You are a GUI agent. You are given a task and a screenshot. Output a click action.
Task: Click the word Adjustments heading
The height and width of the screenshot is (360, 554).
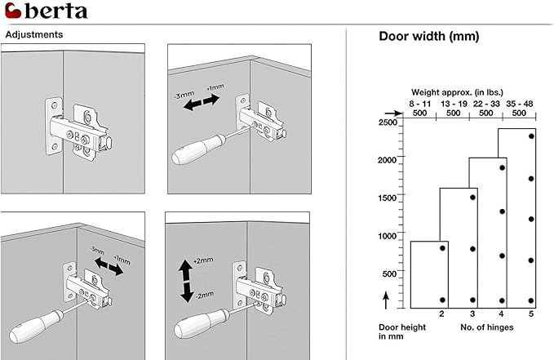pyautogui.click(x=33, y=35)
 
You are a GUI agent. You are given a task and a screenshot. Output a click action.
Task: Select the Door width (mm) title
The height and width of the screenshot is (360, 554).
pyautogui.click(x=428, y=37)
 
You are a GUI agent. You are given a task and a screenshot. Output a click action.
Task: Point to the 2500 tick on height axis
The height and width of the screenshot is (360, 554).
pyautogui.click(x=388, y=122)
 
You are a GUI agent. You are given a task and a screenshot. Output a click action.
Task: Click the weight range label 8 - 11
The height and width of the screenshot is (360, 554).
pyautogui.click(x=421, y=104)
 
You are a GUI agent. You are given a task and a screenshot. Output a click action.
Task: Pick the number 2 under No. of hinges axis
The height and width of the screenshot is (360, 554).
pyautogui.click(x=441, y=314)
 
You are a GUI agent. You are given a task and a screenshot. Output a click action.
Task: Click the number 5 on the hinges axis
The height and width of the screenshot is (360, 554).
pyautogui.click(x=531, y=314)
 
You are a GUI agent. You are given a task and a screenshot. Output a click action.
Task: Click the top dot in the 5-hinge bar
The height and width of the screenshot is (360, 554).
pyautogui.click(x=531, y=136)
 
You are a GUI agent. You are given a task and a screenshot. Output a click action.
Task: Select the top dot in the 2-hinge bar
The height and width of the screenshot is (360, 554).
pyautogui.click(x=442, y=247)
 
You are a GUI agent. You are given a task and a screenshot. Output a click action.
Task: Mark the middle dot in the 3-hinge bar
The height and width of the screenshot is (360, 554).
pyautogui.click(x=472, y=249)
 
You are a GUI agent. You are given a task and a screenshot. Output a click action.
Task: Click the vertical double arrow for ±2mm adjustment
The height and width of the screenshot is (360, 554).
pyautogui.click(x=187, y=279)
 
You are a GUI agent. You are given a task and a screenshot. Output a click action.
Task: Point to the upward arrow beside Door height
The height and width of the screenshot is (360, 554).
pyautogui.click(x=386, y=300)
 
